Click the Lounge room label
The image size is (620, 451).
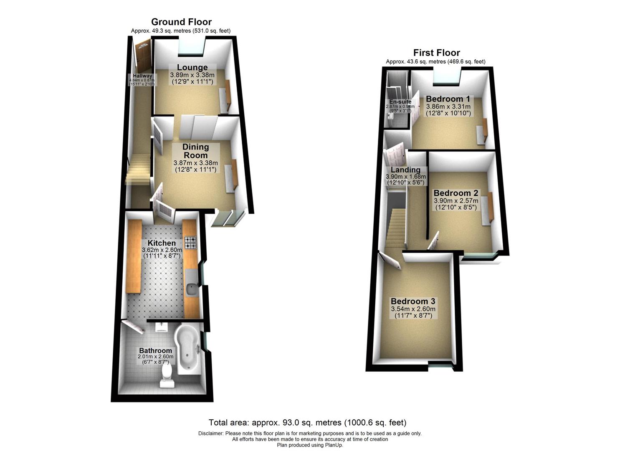click(192, 68)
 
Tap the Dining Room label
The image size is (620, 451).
click(195, 151)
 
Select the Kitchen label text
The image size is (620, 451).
click(162, 243)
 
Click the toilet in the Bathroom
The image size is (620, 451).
click(167, 374)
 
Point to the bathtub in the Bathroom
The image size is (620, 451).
click(188, 349)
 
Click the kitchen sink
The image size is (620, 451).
click(192, 288)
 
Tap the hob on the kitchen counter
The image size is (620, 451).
click(190, 242)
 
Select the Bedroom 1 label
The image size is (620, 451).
click(448, 99)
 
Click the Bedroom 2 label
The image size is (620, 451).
click(456, 193)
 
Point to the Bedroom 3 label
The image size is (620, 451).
click(412, 302)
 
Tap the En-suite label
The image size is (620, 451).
click(400, 102)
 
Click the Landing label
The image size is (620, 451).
click(405, 170)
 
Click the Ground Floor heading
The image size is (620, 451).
click(181, 22)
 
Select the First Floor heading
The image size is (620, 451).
click(436, 53)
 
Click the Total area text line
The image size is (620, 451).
click(307, 423)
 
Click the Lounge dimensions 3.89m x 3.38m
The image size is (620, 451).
click(192, 75)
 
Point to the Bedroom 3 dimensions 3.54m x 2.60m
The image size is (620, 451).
click(413, 309)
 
